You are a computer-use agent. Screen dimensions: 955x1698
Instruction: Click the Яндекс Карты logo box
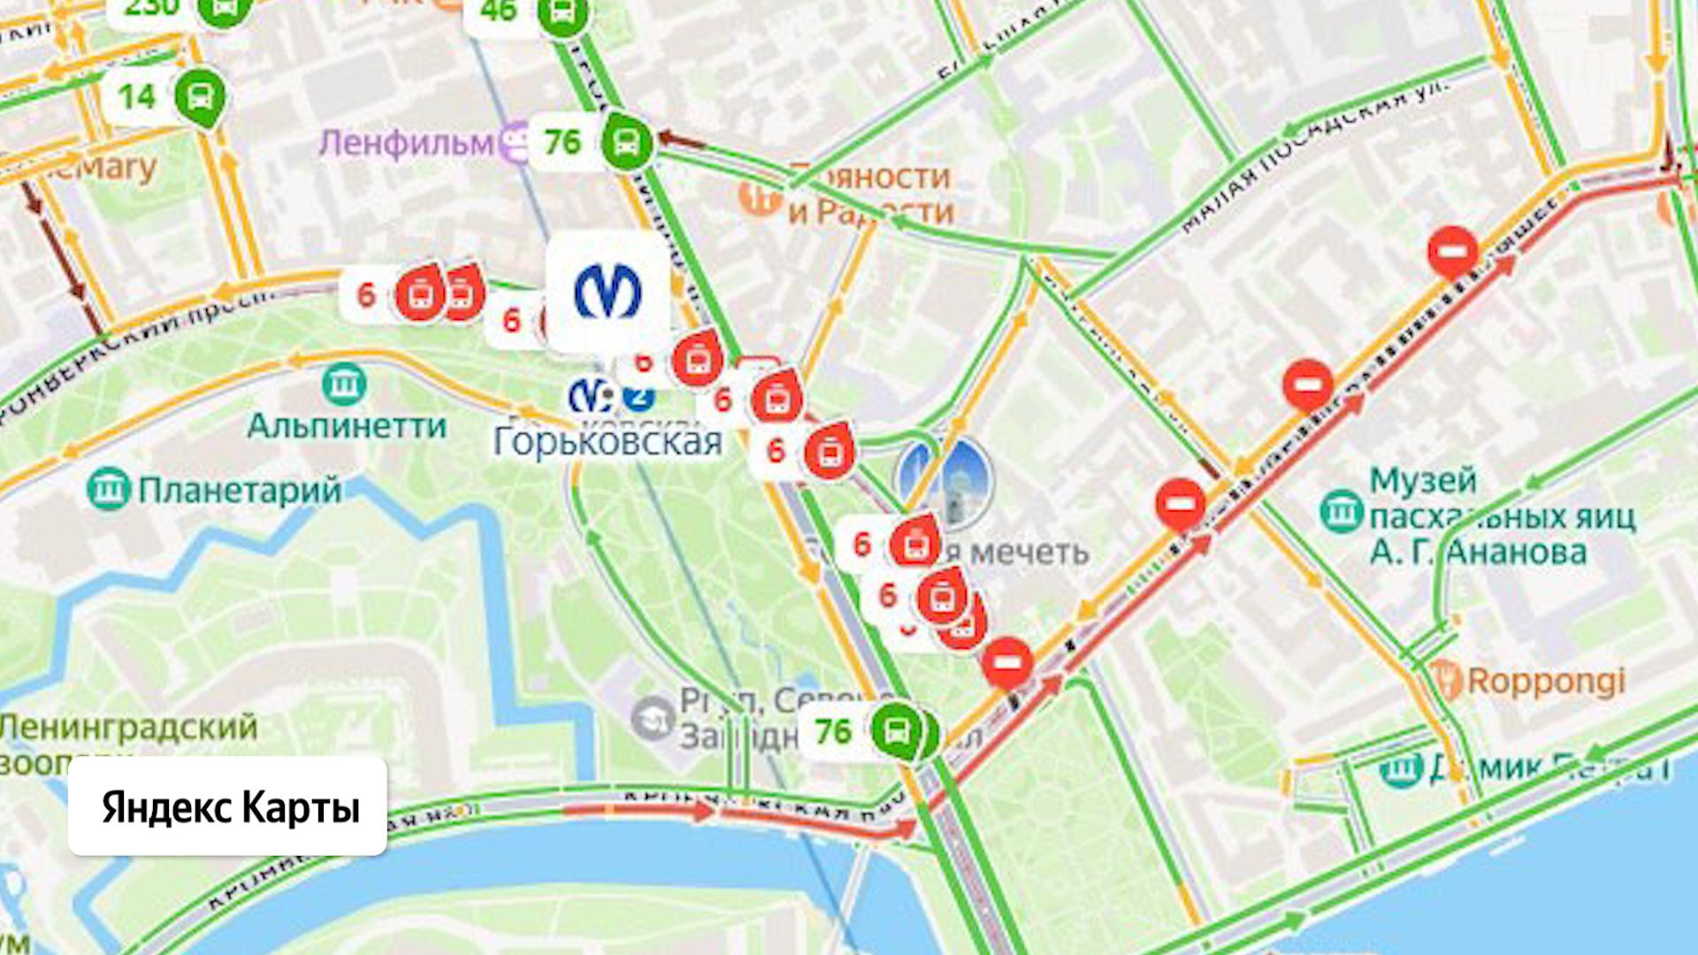coord(227,806)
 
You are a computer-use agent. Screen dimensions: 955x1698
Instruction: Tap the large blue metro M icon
coord(608,292)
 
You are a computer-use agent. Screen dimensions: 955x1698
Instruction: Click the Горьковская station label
coord(608,441)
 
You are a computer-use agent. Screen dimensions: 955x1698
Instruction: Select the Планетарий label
coord(240,490)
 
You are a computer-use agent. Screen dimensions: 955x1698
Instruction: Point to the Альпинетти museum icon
coord(344,384)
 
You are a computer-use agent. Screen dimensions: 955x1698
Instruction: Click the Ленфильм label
coord(406,142)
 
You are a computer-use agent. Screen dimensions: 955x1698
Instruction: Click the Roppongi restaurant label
coord(1546,681)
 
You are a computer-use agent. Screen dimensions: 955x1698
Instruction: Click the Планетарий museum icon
coord(110,489)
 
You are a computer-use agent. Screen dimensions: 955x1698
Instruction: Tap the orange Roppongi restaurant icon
coord(1445,680)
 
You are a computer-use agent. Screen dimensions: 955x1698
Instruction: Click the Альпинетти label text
coord(347,426)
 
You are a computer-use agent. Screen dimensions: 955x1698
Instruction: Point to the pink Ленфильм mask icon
coord(514,142)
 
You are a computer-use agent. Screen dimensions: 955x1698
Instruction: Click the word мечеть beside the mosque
coord(1029,553)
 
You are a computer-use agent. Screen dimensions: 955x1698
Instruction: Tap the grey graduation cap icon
coord(653,716)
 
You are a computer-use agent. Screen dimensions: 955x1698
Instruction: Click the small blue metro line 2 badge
coord(638,397)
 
